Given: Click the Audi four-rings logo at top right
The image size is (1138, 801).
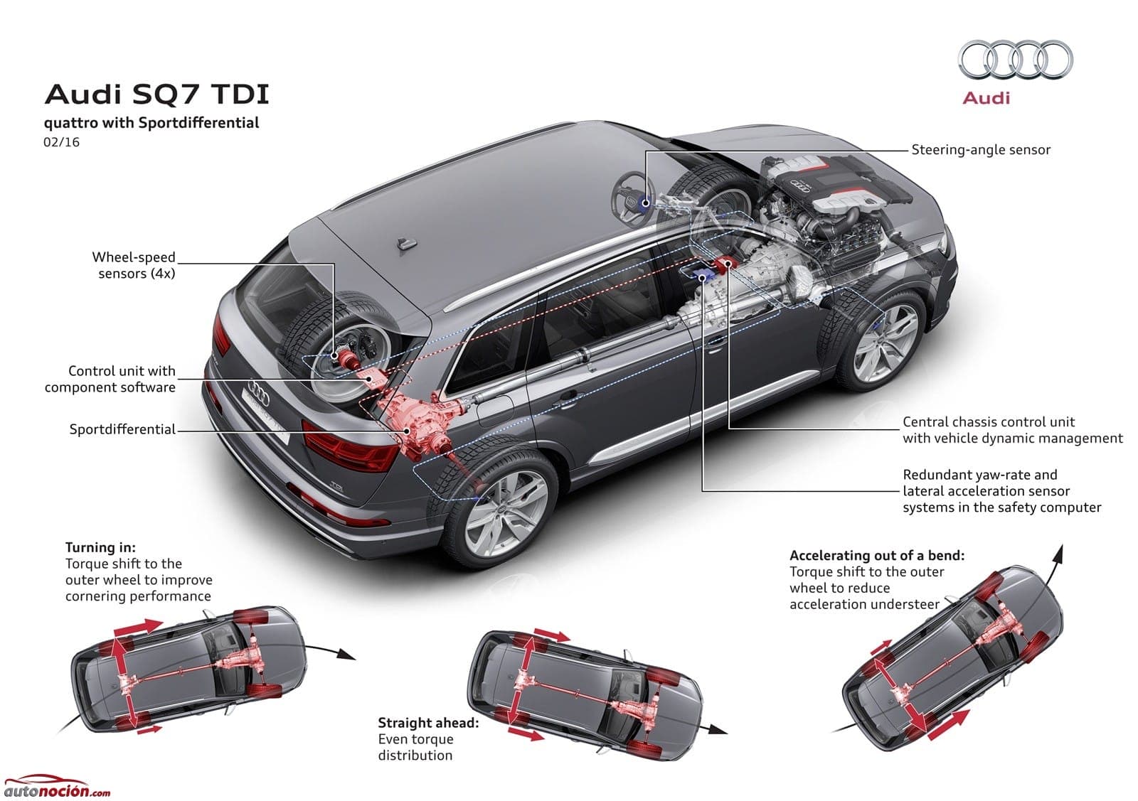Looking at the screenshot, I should [x=1015, y=60].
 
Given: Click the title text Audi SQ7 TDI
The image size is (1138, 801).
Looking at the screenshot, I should [x=156, y=95].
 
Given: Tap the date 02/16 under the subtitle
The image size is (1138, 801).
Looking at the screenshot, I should [x=61, y=142].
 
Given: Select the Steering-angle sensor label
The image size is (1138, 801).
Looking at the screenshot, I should [x=981, y=150].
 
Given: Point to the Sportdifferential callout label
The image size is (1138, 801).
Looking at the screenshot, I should [x=122, y=429].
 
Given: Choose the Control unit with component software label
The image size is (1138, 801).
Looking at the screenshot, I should [x=110, y=379].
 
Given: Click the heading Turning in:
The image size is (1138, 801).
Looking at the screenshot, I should [x=100, y=547].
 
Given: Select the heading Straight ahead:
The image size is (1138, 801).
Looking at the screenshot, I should [x=428, y=723].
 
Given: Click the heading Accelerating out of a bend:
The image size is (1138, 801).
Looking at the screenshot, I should [x=876, y=555].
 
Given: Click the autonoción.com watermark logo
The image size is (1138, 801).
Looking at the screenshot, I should [x=57, y=787].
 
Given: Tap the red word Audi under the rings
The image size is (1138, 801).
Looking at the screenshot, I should [x=986, y=98].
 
